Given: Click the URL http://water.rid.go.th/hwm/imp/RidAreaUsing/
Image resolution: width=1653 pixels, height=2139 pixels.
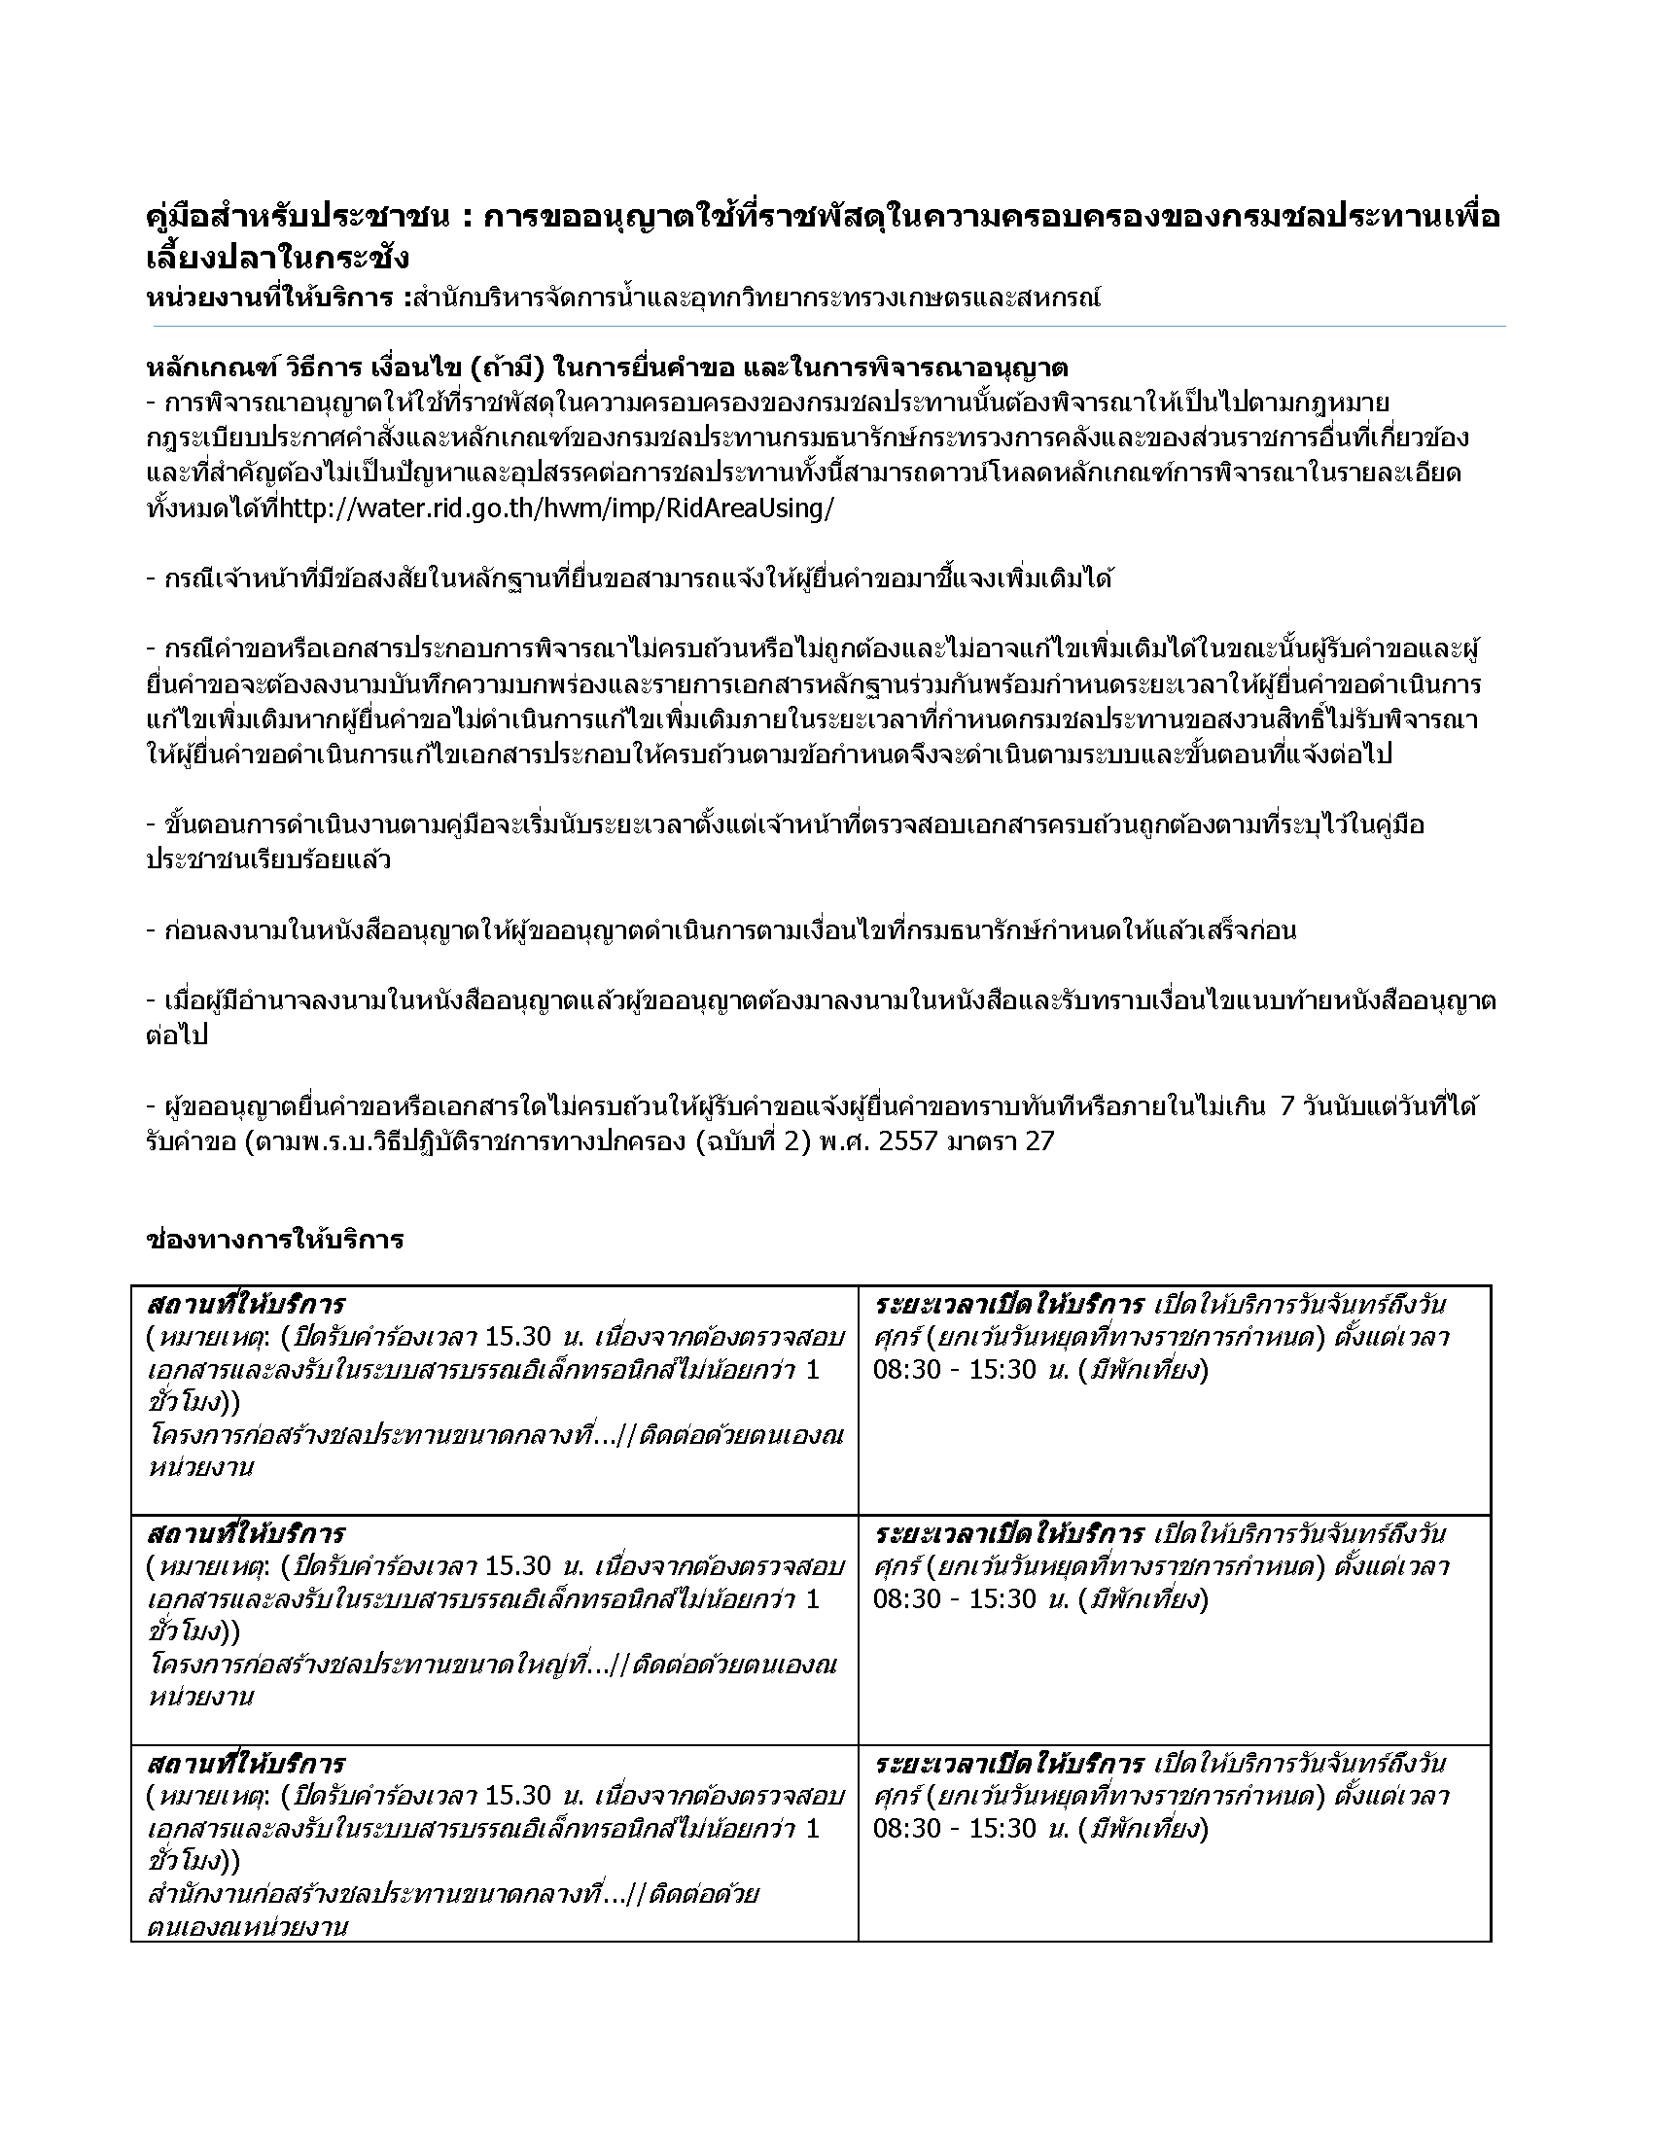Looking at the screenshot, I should [x=557, y=509].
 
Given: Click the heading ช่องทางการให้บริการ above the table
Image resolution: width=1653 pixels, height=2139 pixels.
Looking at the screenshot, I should [x=274, y=1240].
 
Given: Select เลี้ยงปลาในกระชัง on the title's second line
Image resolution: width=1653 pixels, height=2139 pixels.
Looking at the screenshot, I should [x=277, y=259].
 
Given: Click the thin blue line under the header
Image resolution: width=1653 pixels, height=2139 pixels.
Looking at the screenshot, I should [x=826, y=326].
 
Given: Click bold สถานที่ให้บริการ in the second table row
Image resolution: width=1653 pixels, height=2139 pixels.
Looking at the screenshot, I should [x=246, y=1533].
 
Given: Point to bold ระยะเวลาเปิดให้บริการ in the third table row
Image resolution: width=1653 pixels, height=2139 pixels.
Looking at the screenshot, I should [x=1008, y=1764].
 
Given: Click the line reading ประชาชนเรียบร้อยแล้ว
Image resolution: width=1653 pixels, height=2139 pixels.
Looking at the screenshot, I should [x=268, y=859].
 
